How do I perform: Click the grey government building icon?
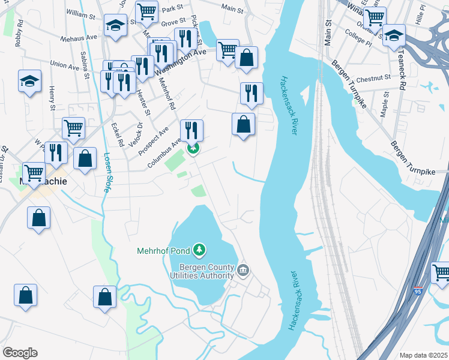click(x=243, y=271)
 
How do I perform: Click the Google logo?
click(x=20, y=353)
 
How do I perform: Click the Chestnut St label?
click(x=373, y=79)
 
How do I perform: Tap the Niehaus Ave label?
click(x=79, y=37)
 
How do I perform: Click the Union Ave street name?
click(x=65, y=64)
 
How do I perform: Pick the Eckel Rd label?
click(x=117, y=135)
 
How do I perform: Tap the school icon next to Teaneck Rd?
click(x=394, y=36)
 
